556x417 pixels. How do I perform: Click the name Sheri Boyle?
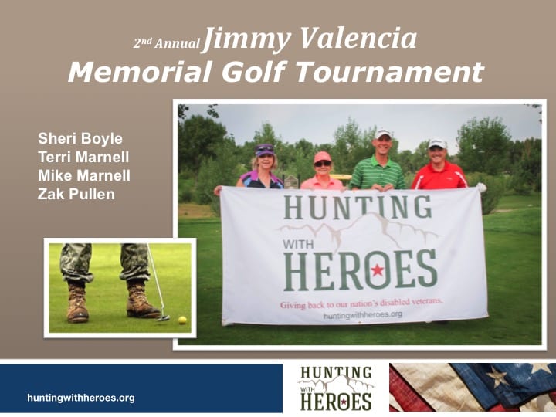coord(80,139)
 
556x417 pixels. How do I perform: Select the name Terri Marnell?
coord(83,157)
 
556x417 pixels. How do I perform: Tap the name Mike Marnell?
coord(84,175)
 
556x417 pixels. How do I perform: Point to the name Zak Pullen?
coord(76,194)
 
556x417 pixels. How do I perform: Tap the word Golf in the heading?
coord(254,72)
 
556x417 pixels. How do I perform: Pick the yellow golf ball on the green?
coord(182,320)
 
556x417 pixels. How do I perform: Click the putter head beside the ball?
coord(163,317)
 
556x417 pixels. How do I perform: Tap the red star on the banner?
coord(378,270)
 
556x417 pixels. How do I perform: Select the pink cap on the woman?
coord(322,157)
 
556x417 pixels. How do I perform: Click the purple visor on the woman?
coord(265,150)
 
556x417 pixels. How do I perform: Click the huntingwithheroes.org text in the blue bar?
coord(81,398)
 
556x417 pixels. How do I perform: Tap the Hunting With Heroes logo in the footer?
coord(336,388)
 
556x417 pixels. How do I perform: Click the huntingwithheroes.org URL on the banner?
coord(363,315)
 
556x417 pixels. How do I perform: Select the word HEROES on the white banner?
coord(360,270)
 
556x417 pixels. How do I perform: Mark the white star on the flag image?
coord(497,376)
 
